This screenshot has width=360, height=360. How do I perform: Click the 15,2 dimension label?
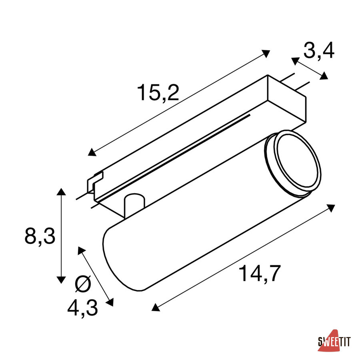coord(158,93)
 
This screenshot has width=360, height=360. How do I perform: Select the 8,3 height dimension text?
coord(40,236)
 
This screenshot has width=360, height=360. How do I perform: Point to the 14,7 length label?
coord(260,274)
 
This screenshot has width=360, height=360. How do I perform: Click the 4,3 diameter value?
coord(83,308)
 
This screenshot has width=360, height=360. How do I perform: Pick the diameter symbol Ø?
coord(83,284)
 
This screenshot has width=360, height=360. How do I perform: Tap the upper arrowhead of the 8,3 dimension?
coord(61,191)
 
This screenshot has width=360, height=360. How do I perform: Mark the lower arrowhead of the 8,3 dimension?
coord(61,280)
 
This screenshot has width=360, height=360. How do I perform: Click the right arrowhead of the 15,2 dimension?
coord(266,53)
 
